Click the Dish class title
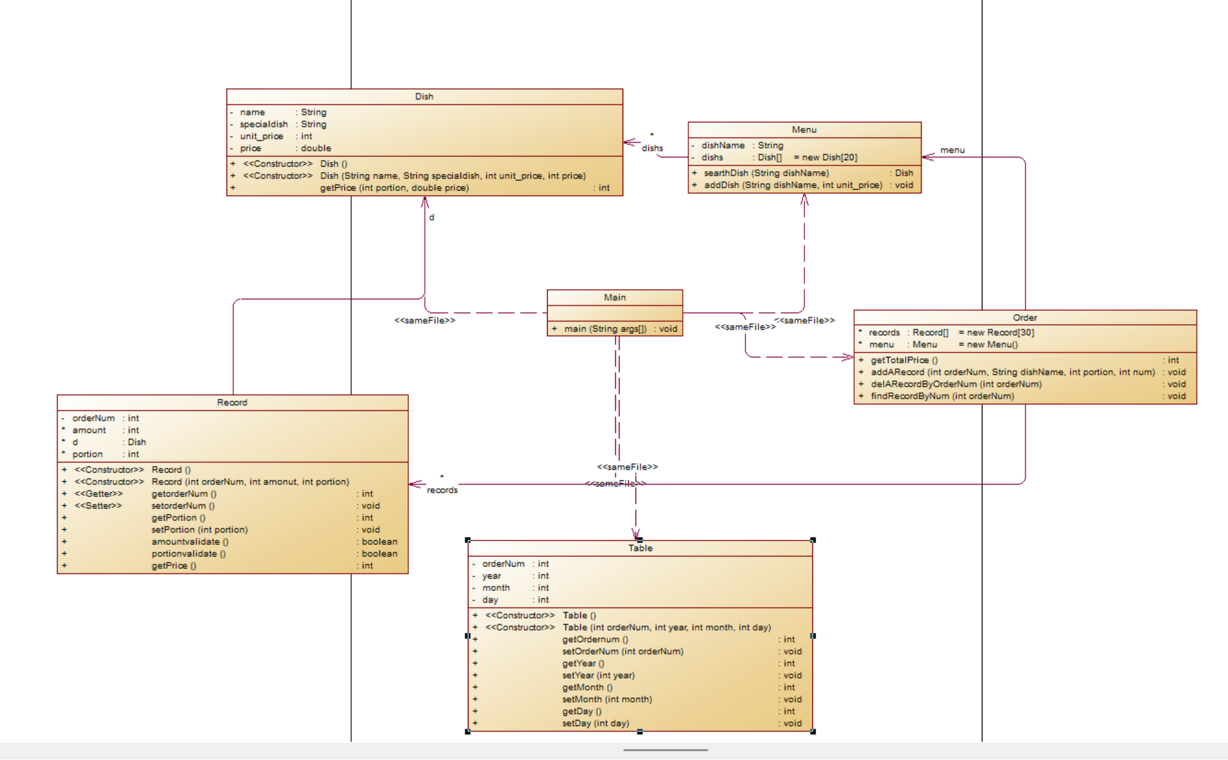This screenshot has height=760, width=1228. (x=424, y=96)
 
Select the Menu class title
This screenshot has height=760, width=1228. (x=804, y=130)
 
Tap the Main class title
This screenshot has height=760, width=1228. (x=615, y=297)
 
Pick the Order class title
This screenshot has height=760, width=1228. (x=1025, y=318)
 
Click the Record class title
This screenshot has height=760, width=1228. (x=232, y=402)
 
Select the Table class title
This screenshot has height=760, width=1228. (x=640, y=548)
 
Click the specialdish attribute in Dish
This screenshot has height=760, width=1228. (x=263, y=124)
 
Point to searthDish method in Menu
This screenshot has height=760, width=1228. (x=766, y=173)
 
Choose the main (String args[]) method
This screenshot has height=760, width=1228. (x=605, y=329)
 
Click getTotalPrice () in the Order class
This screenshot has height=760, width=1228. (x=904, y=360)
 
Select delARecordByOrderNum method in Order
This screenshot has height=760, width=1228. (x=956, y=384)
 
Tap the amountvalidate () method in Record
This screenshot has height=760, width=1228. (x=190, y=542)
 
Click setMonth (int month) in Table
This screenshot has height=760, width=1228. (x=607, y=699)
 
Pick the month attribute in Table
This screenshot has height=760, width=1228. (x=495, y=588)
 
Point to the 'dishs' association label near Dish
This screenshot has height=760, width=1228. (x=652, y=148)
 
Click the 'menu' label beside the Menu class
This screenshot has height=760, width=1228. (x=952, y=150)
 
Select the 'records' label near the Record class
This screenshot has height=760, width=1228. (x=442, y=490)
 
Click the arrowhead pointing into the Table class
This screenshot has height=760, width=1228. (x=635, y=535)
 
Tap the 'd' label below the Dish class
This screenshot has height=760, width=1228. (x=432, y=217)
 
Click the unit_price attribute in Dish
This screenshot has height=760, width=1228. (x=262, y=136)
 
